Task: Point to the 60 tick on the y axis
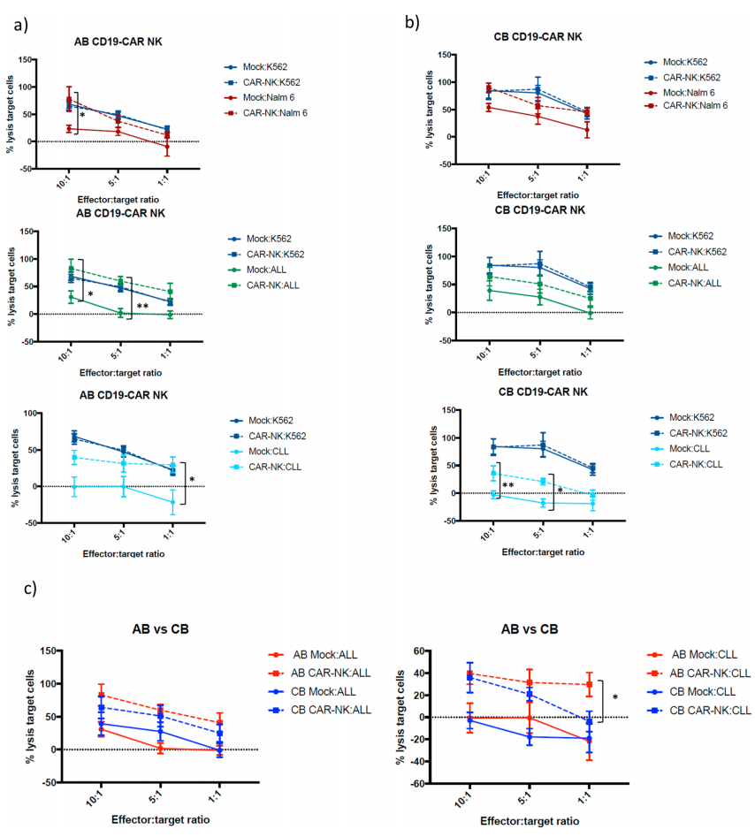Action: pyautogui.click(x=421, y=651)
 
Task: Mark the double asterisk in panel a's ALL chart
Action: pyautogui.click(x=142, y=307)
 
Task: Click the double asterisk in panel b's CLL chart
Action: pyautogui.click(x=507, y=486)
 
